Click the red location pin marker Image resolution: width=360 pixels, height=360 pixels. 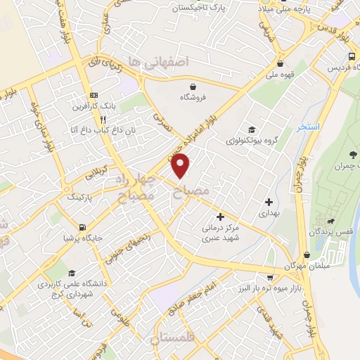tap(181, 165)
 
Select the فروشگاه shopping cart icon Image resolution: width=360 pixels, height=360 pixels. tap(192, 84)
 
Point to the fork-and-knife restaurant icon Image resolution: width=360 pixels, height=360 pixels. tap(103, 119)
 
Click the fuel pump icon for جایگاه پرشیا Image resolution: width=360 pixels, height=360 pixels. tap(84, 226)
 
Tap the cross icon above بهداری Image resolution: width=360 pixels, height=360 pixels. tap(269, 201)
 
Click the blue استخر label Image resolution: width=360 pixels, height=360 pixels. tap(309, 127)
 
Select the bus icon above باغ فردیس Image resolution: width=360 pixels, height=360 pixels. tap(350, 57)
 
